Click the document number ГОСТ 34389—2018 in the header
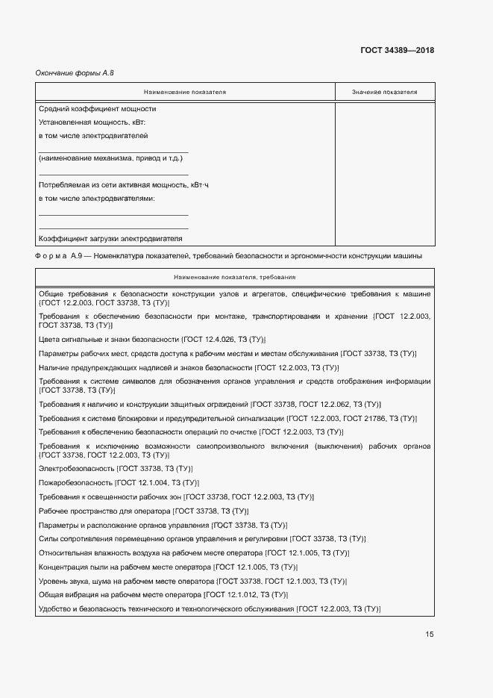398,51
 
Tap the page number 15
429,635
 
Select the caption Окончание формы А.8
75,72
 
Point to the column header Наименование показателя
185,93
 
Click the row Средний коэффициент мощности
96,109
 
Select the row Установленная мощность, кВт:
92,122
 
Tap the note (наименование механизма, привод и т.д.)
110,158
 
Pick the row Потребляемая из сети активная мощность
124,184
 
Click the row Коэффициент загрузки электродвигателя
110,239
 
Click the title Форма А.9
61,256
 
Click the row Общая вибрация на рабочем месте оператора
119,595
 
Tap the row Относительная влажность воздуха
150,553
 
